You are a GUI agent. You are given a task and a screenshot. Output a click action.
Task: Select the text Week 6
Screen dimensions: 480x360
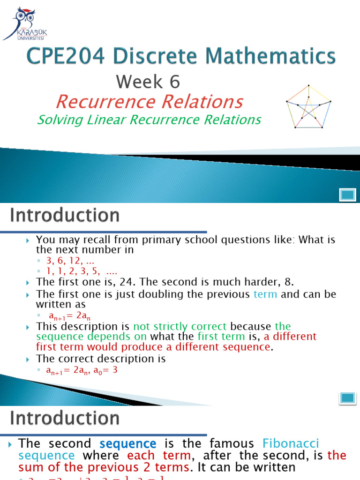tap(148, 82)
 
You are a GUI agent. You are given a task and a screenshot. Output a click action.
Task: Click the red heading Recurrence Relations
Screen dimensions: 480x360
tap(149, 101)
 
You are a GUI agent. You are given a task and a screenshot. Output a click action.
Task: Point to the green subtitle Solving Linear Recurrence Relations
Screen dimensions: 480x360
tap(149, 120)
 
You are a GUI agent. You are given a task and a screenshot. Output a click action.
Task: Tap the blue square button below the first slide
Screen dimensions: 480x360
tap(347, 194)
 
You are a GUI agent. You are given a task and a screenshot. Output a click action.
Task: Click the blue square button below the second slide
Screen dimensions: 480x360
tap(347, 398)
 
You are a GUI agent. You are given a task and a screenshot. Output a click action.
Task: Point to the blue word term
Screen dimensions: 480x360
tap(265, 294)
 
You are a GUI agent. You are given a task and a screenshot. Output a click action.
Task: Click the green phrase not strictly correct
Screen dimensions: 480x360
tap(180, 326)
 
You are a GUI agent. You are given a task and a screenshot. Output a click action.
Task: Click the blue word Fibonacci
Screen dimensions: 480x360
tap(291, 443)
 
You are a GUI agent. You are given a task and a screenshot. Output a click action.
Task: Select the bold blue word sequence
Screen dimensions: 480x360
tap(128, 443)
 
